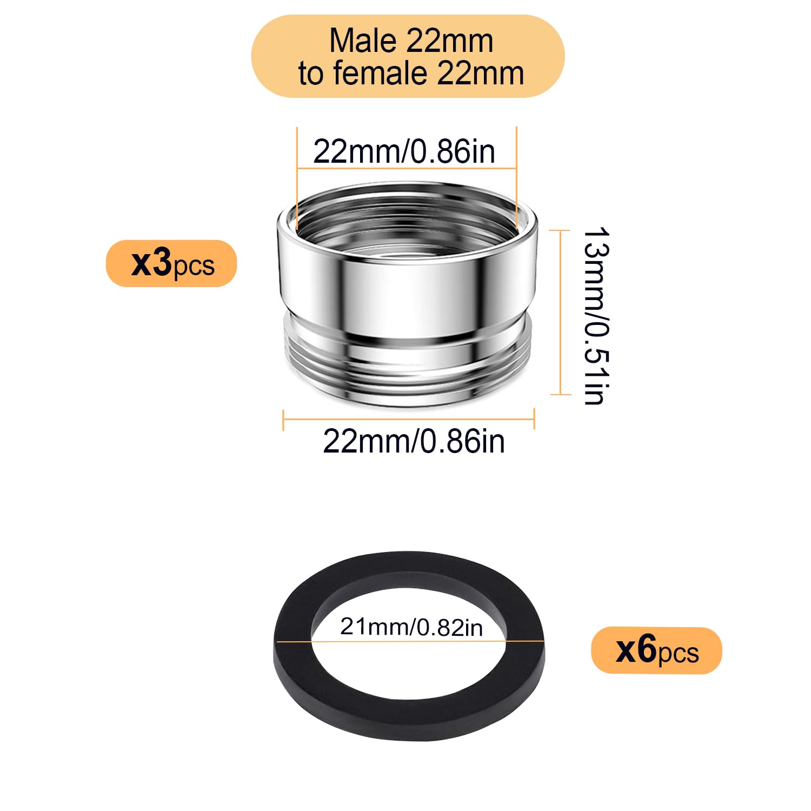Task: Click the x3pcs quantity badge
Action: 171,263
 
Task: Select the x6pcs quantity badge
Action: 656,650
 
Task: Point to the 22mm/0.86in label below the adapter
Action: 414,441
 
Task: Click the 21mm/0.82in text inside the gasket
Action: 411,627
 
